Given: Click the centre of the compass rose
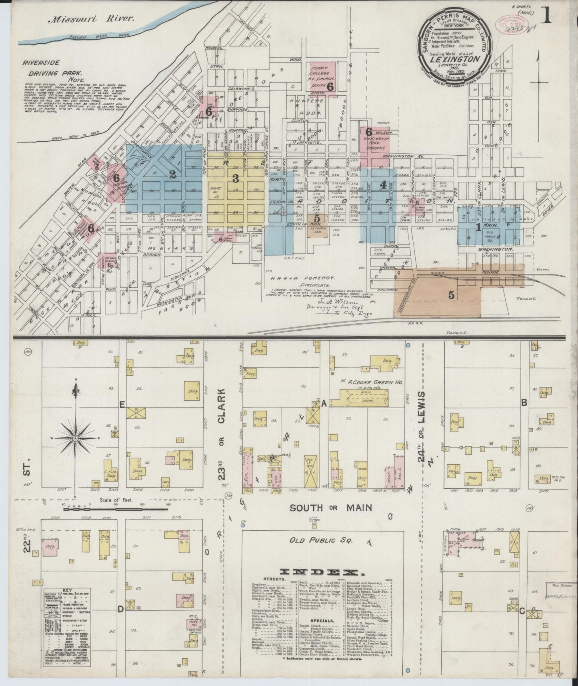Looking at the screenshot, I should coord(75,439).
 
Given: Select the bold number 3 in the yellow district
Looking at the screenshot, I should coord(236,179).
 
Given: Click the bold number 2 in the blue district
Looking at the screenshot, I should coord(172,174).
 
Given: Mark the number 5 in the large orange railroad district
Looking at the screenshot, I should coord(451,295).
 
